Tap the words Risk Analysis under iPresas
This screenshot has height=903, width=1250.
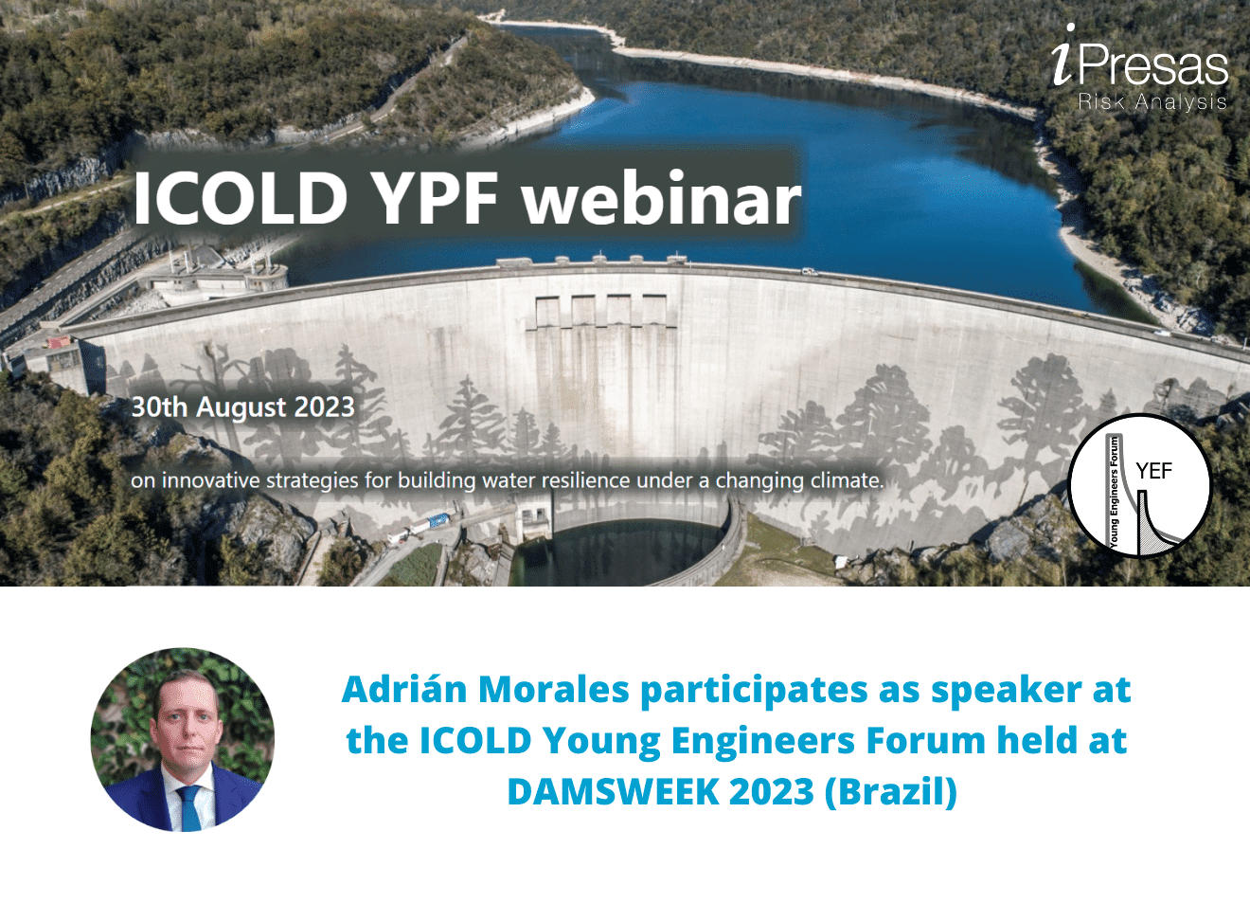[x=1152, y=102]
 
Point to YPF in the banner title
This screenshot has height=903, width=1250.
[x=435, y=198]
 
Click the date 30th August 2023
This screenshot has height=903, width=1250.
[x=243, y=407]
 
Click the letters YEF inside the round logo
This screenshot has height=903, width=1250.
[x=1153, y=471]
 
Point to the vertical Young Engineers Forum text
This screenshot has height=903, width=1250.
[x=1115, y=492]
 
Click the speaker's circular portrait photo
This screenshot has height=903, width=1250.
[x=183, y=739]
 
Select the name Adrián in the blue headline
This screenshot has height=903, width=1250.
[x=404, y=690]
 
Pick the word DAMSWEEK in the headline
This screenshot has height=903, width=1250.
[x=613, y=791]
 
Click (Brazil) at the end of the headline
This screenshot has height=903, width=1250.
[x=891, y=791]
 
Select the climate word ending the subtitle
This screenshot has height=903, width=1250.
[x=843, y=480]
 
